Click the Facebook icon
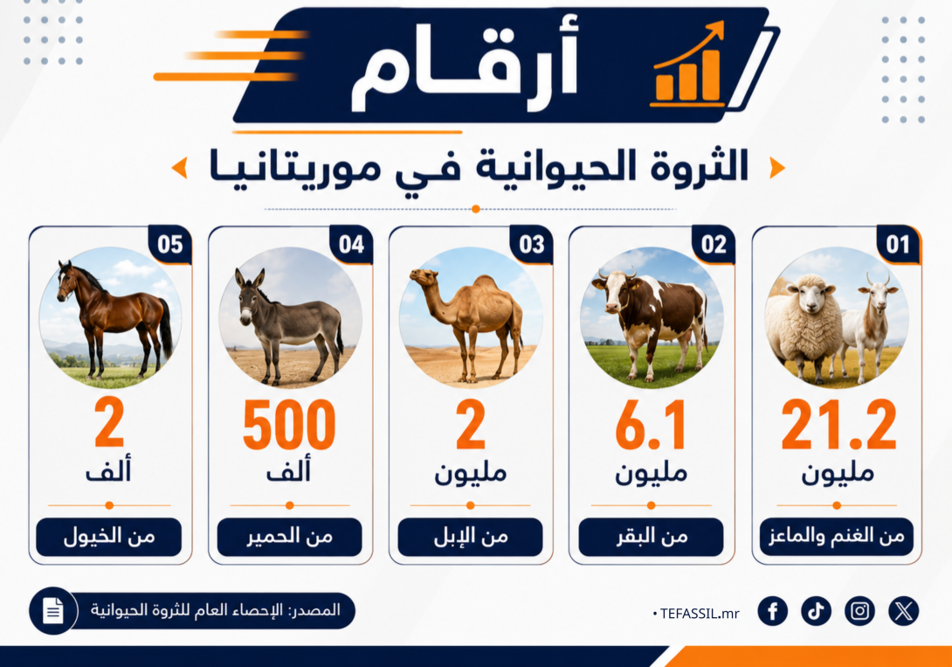pyautogui.click(x=772, y=610)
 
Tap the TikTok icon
pyautogui.click(x=816, y=610)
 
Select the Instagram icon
pyautogui.click(x=859, y=610)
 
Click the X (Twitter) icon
pyautogui.click(x=903, y=610)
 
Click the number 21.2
pyautogui.click(x=838, y=425)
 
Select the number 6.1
pyautogui.click(x=651, y=425)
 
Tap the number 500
pyautogui.click(x=289, y=425)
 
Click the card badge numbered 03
pyautogui.click(x=531, y=244)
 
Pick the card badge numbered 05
pyautogui.click(x=170, y=244)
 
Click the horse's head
pyautogui.click(x=66, y=281)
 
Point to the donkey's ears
pyautogui.click(x=250, y=278)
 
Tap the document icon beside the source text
pyautogui.click(x=52, y=610)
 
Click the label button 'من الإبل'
pyautogui.click(x=471, y=537)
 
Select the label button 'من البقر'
pyautogui.click(x=651, y=537)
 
